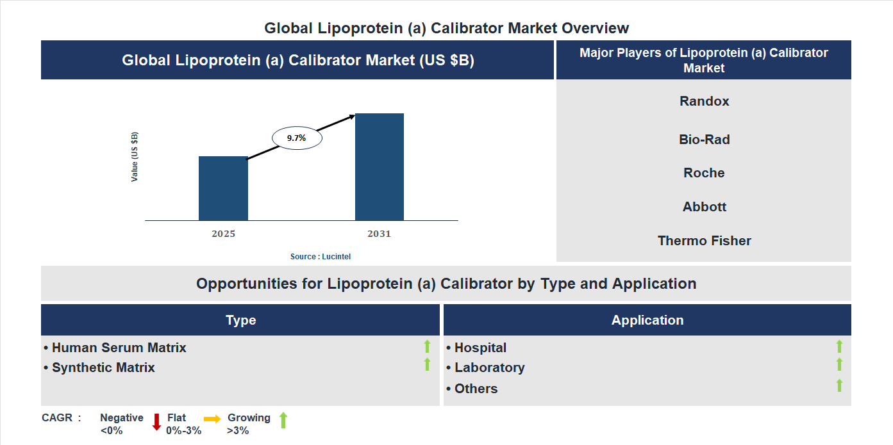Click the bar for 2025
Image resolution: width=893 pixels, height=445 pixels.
tap(223, 188)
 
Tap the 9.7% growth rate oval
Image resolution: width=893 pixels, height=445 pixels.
tap(297, 138)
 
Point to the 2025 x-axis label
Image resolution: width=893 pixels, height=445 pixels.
tap(223, 234)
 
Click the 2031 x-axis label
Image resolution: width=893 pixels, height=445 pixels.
tap(379, 234)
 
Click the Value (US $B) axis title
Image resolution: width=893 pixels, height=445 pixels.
tap(135, 157)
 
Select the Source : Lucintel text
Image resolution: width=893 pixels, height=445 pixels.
tap(321, 256)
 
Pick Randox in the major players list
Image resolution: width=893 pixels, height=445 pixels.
tap(704, 101)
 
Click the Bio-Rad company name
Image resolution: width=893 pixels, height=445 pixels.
tap(704, 140)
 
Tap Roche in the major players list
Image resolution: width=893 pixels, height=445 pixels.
tap(704, 173)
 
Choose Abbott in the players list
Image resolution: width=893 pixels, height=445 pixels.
tap(704, 207)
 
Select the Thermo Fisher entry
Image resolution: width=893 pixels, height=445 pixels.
tap(704, 241)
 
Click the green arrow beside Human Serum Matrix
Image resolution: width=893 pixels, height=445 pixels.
tap(427, 346)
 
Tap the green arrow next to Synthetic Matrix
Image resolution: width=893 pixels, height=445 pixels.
tap(427, 364)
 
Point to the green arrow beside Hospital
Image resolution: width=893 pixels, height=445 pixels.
tap(839, 346)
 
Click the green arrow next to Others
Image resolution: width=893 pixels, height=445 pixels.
tap(839, 385)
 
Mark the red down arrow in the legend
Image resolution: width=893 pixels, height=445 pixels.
tap(156, 422)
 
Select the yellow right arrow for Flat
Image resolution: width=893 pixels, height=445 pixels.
tap(212, 419)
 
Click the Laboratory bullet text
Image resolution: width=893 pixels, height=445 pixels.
tap(489, 368)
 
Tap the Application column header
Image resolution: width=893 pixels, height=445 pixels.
tap(647, 320)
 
